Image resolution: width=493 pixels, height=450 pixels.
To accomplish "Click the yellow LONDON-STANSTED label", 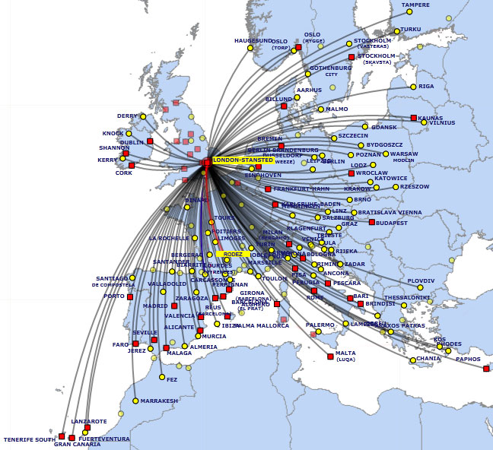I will point(243,160).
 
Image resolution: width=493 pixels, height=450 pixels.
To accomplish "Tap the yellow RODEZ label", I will point(233,254).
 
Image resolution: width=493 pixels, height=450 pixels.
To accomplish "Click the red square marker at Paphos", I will point(486,369).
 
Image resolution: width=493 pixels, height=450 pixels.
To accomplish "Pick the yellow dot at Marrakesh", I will point(135,401).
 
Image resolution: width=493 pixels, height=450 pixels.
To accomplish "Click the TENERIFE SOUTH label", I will point(29,439).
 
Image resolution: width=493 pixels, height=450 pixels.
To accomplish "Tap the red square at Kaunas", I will point(414,118).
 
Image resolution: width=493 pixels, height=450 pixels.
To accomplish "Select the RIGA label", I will point(426,87).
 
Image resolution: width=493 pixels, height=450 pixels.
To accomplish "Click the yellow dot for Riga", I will point(413,87).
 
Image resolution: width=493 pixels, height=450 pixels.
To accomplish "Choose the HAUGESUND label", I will point(253,40).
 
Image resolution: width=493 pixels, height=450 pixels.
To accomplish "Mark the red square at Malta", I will point(330,356).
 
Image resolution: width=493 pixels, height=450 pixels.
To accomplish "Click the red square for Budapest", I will point(372,222).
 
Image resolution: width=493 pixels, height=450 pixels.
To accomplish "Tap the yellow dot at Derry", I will point(143,116).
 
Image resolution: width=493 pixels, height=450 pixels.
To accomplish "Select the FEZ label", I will point(172,379).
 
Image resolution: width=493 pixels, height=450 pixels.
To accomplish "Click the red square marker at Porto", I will point(130,296).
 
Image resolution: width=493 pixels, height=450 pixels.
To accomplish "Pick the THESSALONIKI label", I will point(406,297).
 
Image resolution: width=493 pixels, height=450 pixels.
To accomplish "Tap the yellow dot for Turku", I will point(395,30).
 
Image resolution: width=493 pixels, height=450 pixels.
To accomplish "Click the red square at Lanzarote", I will point(87,427).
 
